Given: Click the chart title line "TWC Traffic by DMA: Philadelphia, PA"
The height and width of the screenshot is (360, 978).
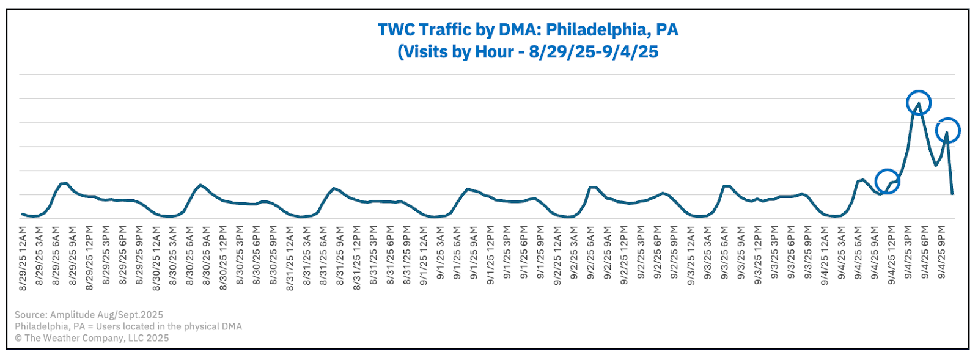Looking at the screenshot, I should coord(528,30).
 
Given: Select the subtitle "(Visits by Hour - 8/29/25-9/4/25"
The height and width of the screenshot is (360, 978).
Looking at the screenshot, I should coord(528,52).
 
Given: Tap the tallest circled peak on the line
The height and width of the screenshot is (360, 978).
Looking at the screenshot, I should coord(918,103).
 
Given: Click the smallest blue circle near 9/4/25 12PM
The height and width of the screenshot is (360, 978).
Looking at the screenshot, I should coord(887,181).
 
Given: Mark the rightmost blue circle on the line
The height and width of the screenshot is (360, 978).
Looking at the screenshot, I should coord(947,130).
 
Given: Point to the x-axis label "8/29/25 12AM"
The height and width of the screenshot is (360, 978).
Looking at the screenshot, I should coord(23,257).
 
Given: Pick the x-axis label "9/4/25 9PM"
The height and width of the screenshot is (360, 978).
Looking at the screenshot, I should coord(943,252).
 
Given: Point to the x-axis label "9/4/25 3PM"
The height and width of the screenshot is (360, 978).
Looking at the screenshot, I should coord(909,252).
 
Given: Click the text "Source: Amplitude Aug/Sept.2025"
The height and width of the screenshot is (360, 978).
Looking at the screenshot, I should coord(89,315).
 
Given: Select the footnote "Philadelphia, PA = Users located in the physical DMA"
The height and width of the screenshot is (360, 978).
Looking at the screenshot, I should coord(128,326).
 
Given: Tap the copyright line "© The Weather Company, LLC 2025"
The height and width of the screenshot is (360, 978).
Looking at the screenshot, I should coord(92,338).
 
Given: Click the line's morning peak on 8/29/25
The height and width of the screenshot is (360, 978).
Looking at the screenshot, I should coord(64,183).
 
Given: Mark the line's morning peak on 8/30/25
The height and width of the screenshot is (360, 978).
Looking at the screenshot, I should coord(201,185).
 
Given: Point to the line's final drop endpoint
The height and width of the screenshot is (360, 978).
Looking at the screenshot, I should coord(952,194).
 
